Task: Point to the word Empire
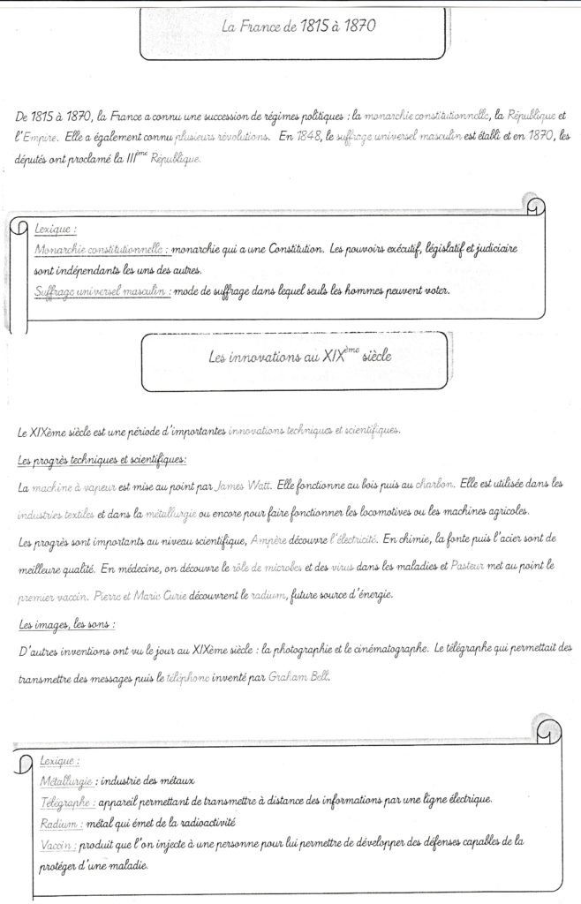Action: click(41, 137)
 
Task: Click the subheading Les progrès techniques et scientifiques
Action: click(102, 461)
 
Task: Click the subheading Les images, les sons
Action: click(67, 624)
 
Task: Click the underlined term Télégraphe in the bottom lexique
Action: click(67, 802)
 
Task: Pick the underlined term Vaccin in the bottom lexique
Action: click(57, 844)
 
